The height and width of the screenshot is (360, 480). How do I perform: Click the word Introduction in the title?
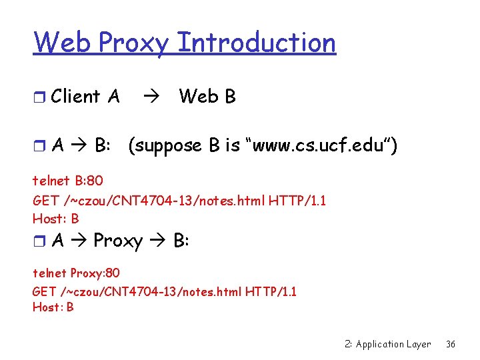pyautogui.click(x=257, y=43)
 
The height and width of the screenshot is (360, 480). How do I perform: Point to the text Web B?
pyautogui.click(x=207, y=97)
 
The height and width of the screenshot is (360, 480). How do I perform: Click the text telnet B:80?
pyautogui.click(x=68, y=180)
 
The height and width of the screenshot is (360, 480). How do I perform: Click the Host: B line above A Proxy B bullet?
pyautogui.click(x=56, y=218)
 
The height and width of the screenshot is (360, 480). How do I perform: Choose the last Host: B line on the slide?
pyautogui.click(x=53, y=307)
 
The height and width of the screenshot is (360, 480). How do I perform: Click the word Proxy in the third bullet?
pyautogui.click(x=118, y=240)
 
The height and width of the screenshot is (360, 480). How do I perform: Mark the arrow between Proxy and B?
pyautogui.click(x=159, y=241)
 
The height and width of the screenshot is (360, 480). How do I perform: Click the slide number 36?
pyautogui.click(x=451, y=344)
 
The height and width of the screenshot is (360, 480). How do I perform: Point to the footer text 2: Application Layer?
pyautogui.click(x=388, y=344)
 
